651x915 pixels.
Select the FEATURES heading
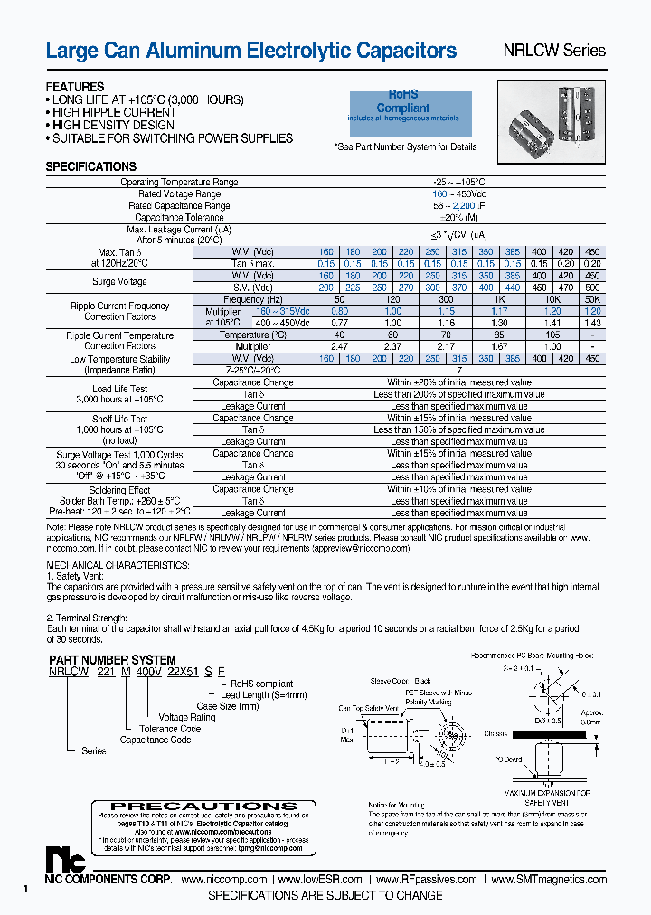(x=75, y=87)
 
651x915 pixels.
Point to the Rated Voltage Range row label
(x=179, y=193)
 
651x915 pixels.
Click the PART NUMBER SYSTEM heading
(x=112, y=660)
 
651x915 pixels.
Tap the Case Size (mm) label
(x=228, y=706)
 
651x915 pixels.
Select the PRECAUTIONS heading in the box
(x=203, y=806)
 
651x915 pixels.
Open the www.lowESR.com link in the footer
(x=320, y=880)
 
